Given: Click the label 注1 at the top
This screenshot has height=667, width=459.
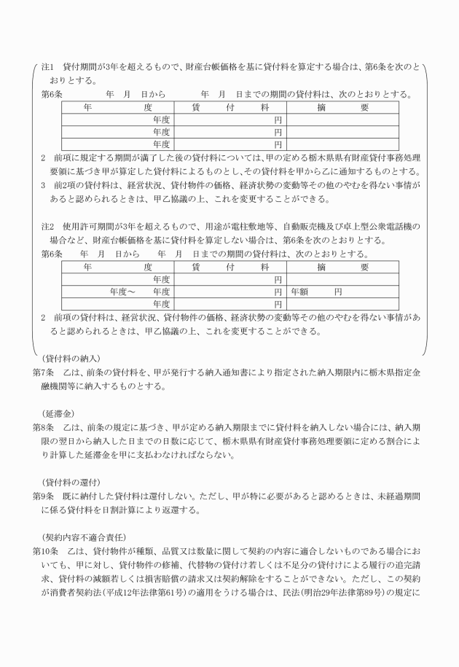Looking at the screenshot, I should [47, 66].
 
